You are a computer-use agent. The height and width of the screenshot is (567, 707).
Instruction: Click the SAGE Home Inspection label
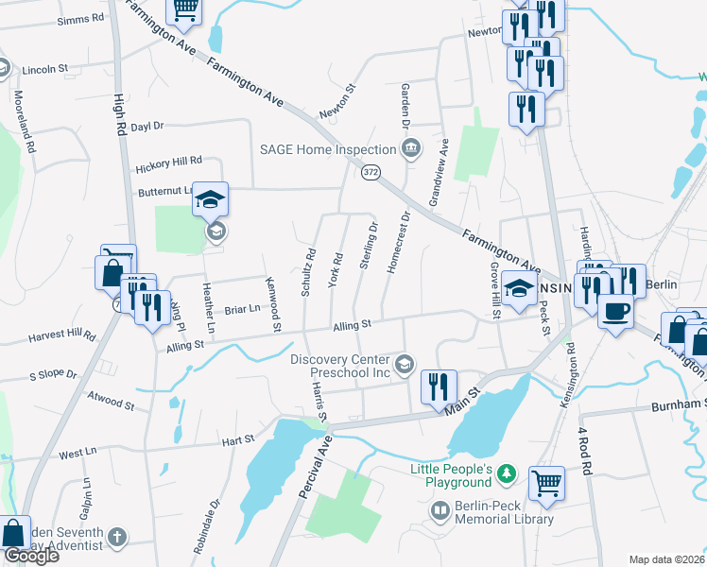pos(327,149)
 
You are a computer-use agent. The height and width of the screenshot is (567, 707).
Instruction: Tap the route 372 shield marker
pos(370,171)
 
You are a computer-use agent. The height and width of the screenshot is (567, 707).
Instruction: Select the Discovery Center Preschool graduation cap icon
pos(405,364)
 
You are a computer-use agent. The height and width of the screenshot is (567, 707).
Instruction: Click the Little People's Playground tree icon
pos(507,472)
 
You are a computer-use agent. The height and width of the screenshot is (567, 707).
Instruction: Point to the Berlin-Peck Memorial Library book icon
pos(440,511)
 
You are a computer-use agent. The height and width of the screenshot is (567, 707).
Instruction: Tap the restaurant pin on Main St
pos(438,387)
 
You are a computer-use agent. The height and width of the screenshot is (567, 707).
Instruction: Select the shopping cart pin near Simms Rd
pos(184,10)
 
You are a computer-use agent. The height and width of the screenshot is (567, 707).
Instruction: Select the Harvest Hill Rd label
pos(63,335)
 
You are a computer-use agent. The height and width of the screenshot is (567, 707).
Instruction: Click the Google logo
pos(31,557)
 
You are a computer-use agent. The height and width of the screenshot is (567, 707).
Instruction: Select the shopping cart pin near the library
pos(547,484)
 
